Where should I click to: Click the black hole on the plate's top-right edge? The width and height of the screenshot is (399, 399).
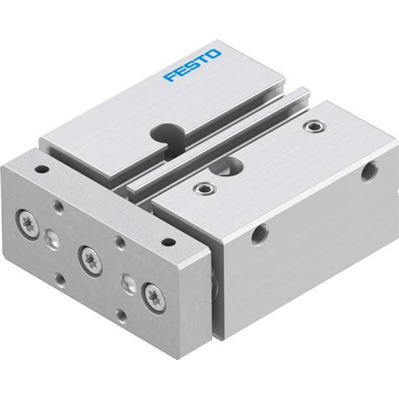click(169, 241)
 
